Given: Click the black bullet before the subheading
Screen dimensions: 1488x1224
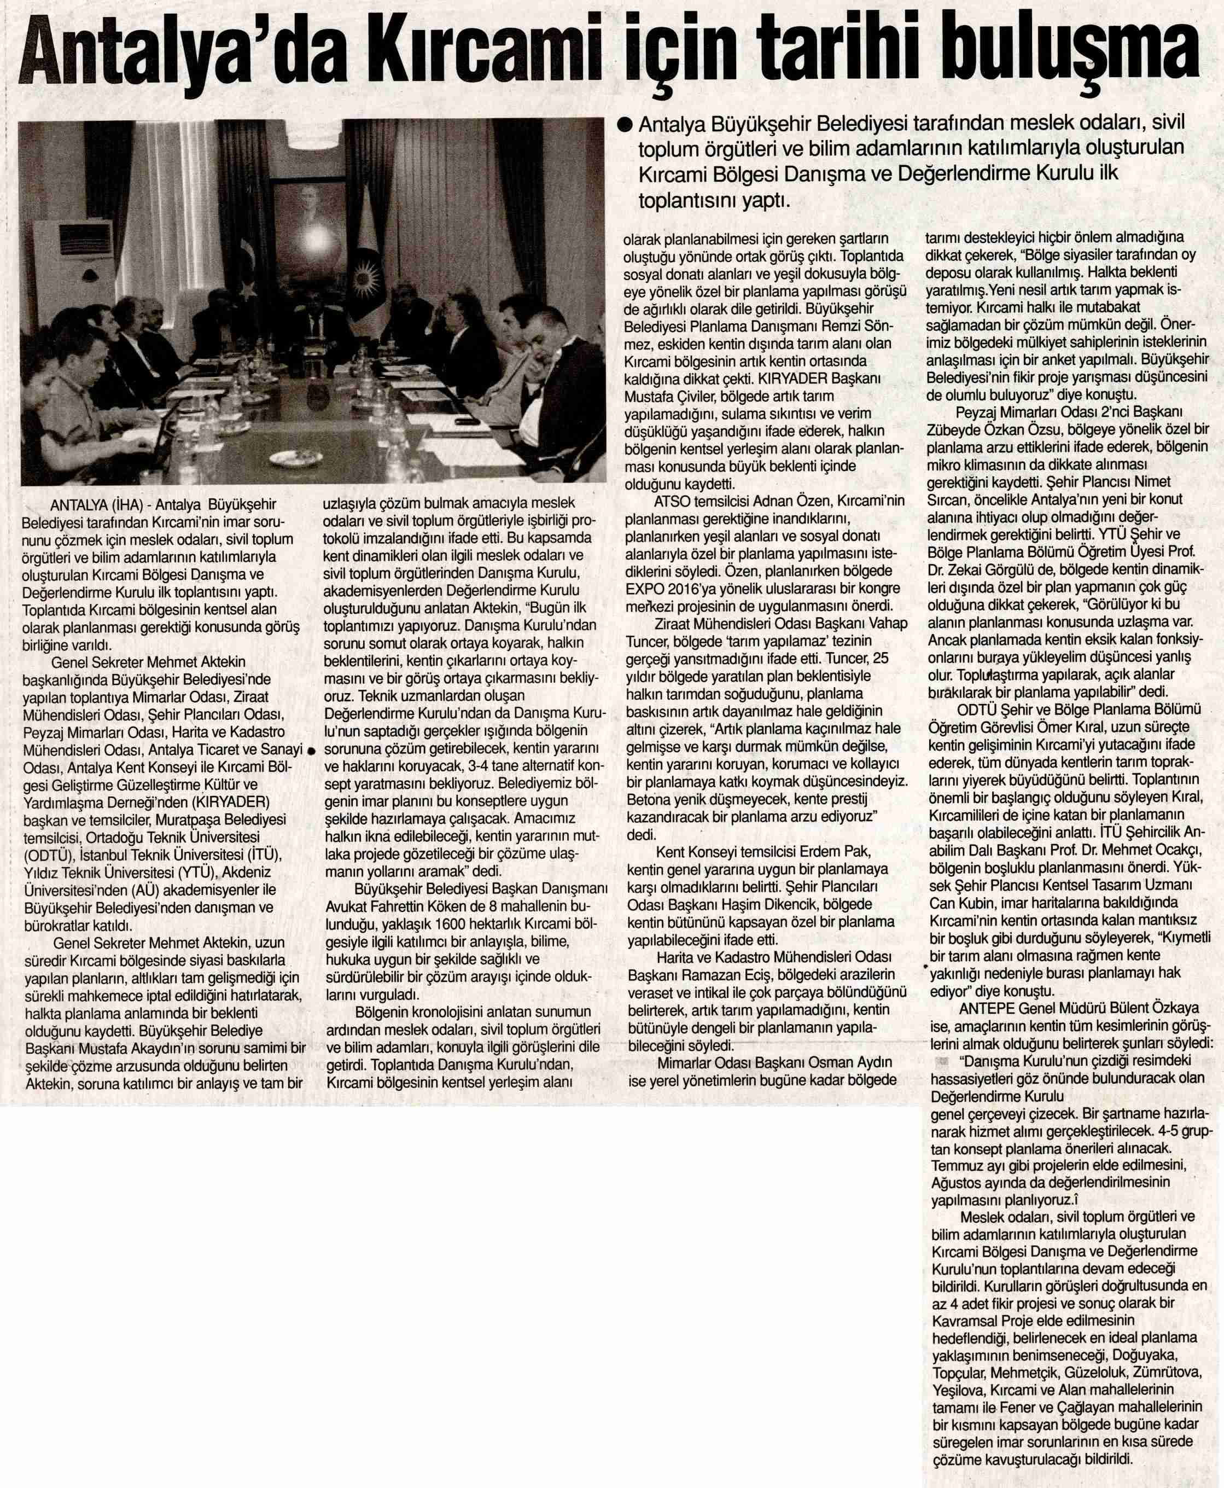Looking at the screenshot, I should pyautogui.click(x=623, y=125).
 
